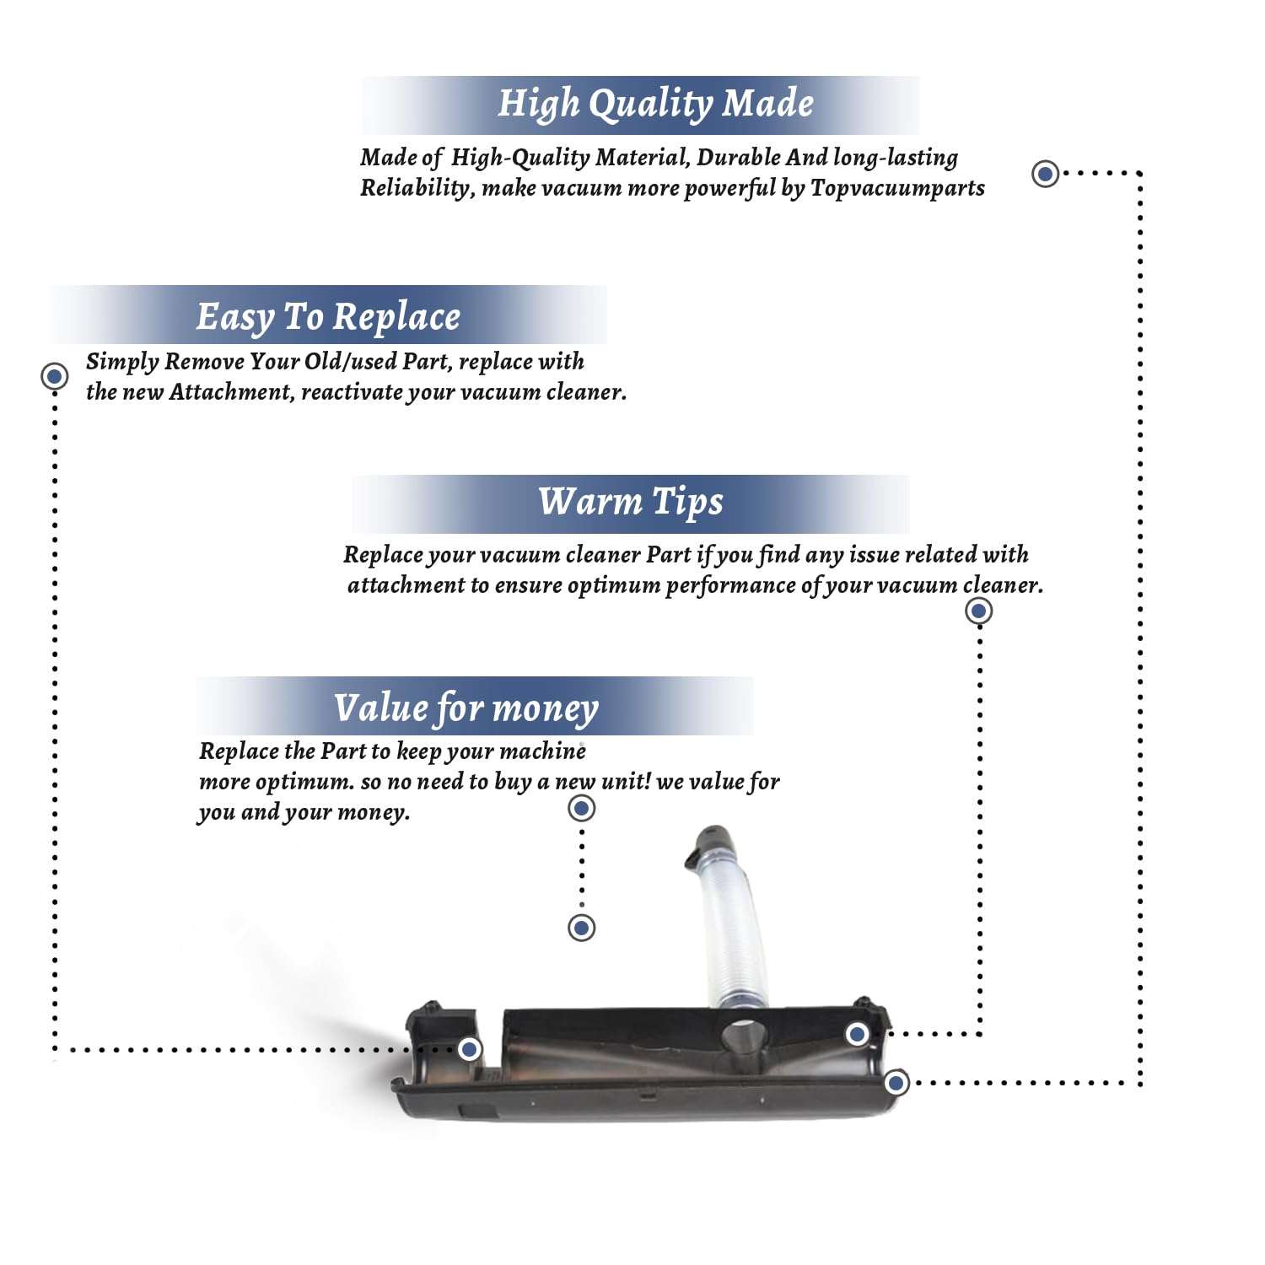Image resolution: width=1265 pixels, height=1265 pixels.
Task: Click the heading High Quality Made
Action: pos(655,104)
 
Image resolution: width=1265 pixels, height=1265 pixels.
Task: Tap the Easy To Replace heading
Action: pos(328,317)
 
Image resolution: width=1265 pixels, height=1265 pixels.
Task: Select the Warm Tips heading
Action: pos(631,502)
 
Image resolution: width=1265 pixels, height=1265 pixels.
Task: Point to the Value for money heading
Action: pos(466,708)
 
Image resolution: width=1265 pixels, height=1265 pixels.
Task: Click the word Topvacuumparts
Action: pos(897,188)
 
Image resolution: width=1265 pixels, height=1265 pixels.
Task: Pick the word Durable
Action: pos(739,157)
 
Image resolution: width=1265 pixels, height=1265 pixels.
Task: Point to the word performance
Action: pos(731,586)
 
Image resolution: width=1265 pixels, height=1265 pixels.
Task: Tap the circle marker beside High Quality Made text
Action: pos(1046,174)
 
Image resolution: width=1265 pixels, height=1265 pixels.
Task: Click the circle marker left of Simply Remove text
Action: pos(55,375)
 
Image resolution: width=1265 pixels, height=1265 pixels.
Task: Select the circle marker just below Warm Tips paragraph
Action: pos(978,611)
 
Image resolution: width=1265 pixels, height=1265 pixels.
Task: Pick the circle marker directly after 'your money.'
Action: pos(582,809)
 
